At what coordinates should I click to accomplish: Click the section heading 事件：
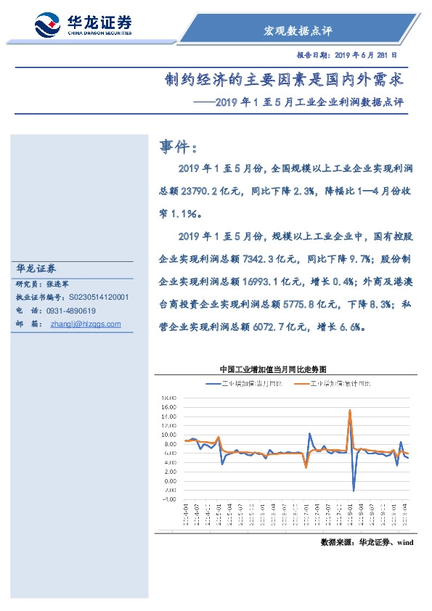point(178,147)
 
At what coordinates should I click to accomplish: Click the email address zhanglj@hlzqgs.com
point(86,324)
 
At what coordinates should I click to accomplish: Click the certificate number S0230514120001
point(99,298)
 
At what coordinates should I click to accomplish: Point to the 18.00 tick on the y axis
point(169,398)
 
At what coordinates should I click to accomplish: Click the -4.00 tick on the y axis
point(169,499)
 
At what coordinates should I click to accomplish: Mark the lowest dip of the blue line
point(354,491)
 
